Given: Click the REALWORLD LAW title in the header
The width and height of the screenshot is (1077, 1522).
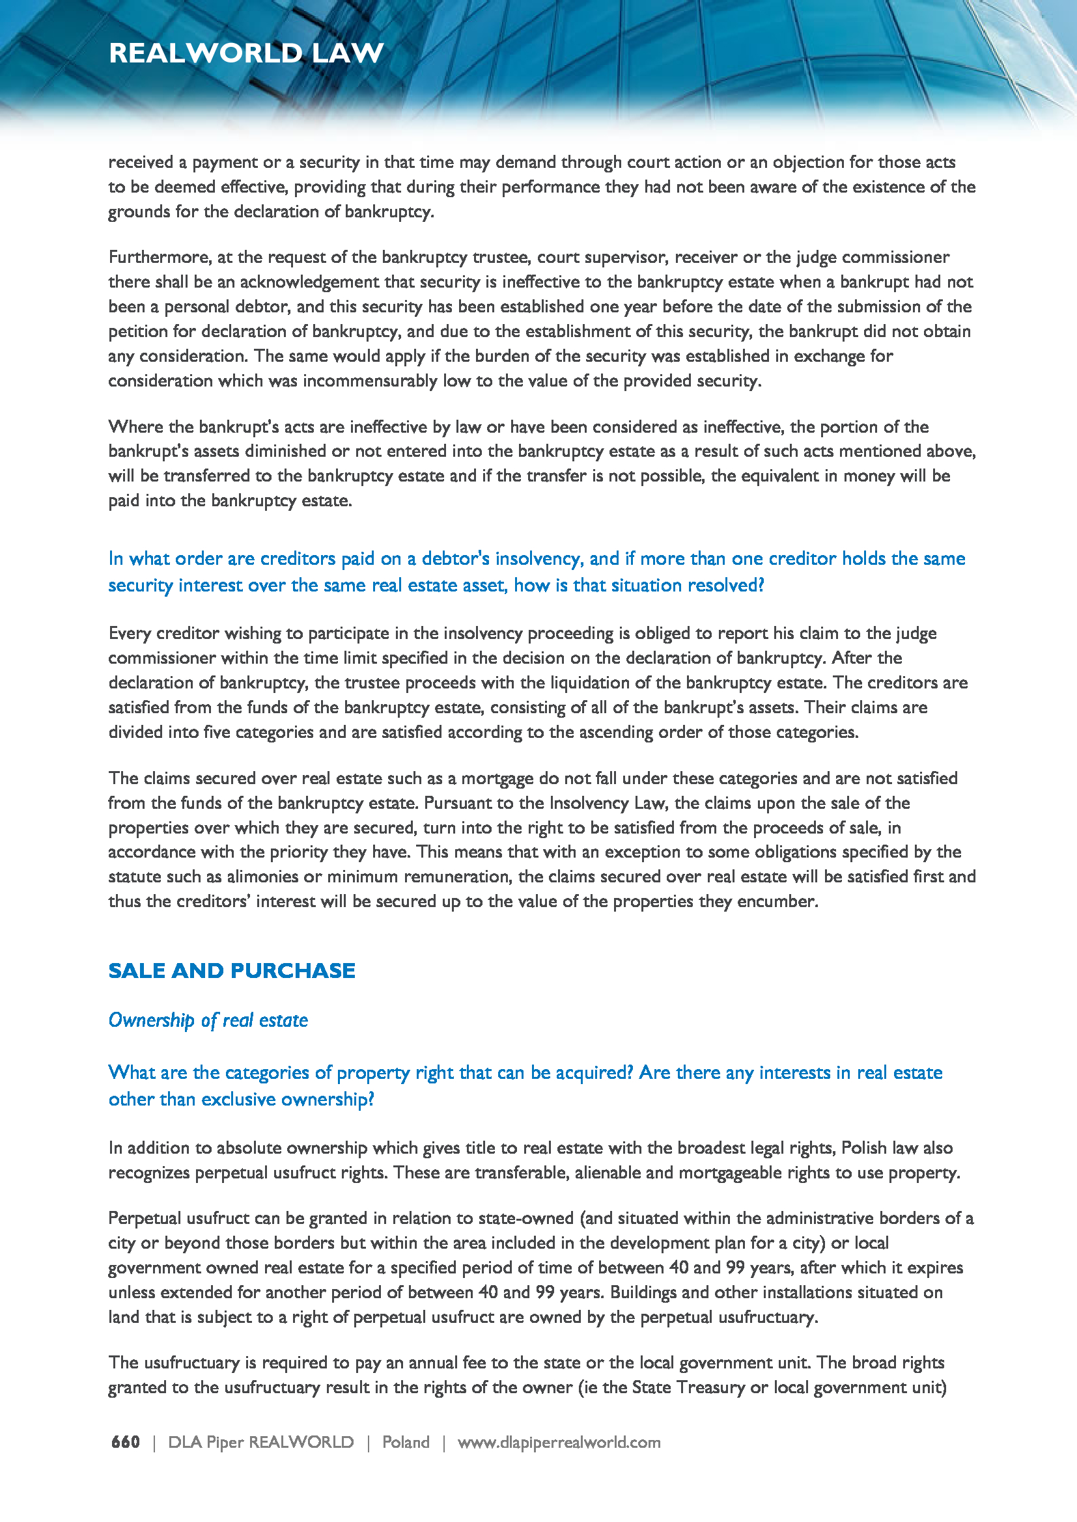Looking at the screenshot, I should tap(246, 53).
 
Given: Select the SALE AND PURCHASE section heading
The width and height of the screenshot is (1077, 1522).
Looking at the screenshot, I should tap(231, 970).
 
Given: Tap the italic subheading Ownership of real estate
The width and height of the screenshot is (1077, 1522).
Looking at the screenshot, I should tap(208, 1020).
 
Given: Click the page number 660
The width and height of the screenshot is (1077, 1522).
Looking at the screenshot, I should tap(125, 1442).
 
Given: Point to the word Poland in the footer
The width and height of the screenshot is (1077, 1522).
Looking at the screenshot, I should tap(405, 1442).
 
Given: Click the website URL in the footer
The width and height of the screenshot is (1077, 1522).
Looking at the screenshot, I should tap(559, 1442).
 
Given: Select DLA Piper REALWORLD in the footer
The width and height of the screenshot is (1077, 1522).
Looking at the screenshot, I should tap(260, 1442).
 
